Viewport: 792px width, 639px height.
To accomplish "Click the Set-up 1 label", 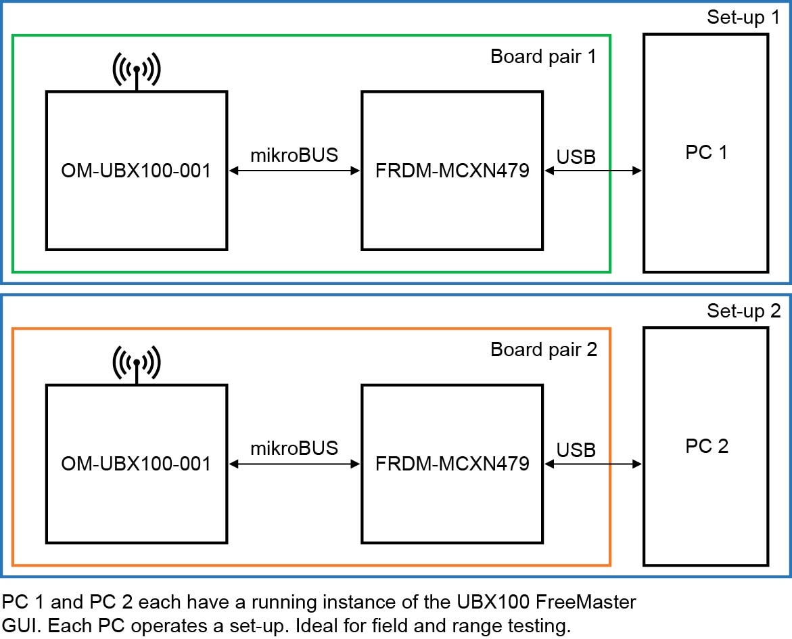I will (743, 18).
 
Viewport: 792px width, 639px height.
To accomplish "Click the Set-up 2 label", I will (743, 311).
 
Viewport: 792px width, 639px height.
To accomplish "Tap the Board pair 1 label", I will (543, 56).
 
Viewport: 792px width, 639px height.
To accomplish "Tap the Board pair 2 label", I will (543, 350).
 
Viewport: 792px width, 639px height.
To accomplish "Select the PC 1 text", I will (705, 153).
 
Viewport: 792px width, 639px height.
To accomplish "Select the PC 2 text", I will (705, 447).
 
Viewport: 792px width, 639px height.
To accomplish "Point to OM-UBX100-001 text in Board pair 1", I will (136, 171).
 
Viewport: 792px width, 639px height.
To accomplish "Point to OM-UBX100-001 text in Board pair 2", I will (136, 464).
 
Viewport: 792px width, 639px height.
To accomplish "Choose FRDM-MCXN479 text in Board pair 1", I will (452, 171).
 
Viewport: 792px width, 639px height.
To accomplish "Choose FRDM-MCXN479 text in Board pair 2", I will (452, 464).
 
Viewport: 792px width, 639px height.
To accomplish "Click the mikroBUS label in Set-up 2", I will (294, 449).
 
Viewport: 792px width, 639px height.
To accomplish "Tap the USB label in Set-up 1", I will (576, 156).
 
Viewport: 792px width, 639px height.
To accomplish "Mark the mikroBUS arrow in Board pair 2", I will (294, 464).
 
